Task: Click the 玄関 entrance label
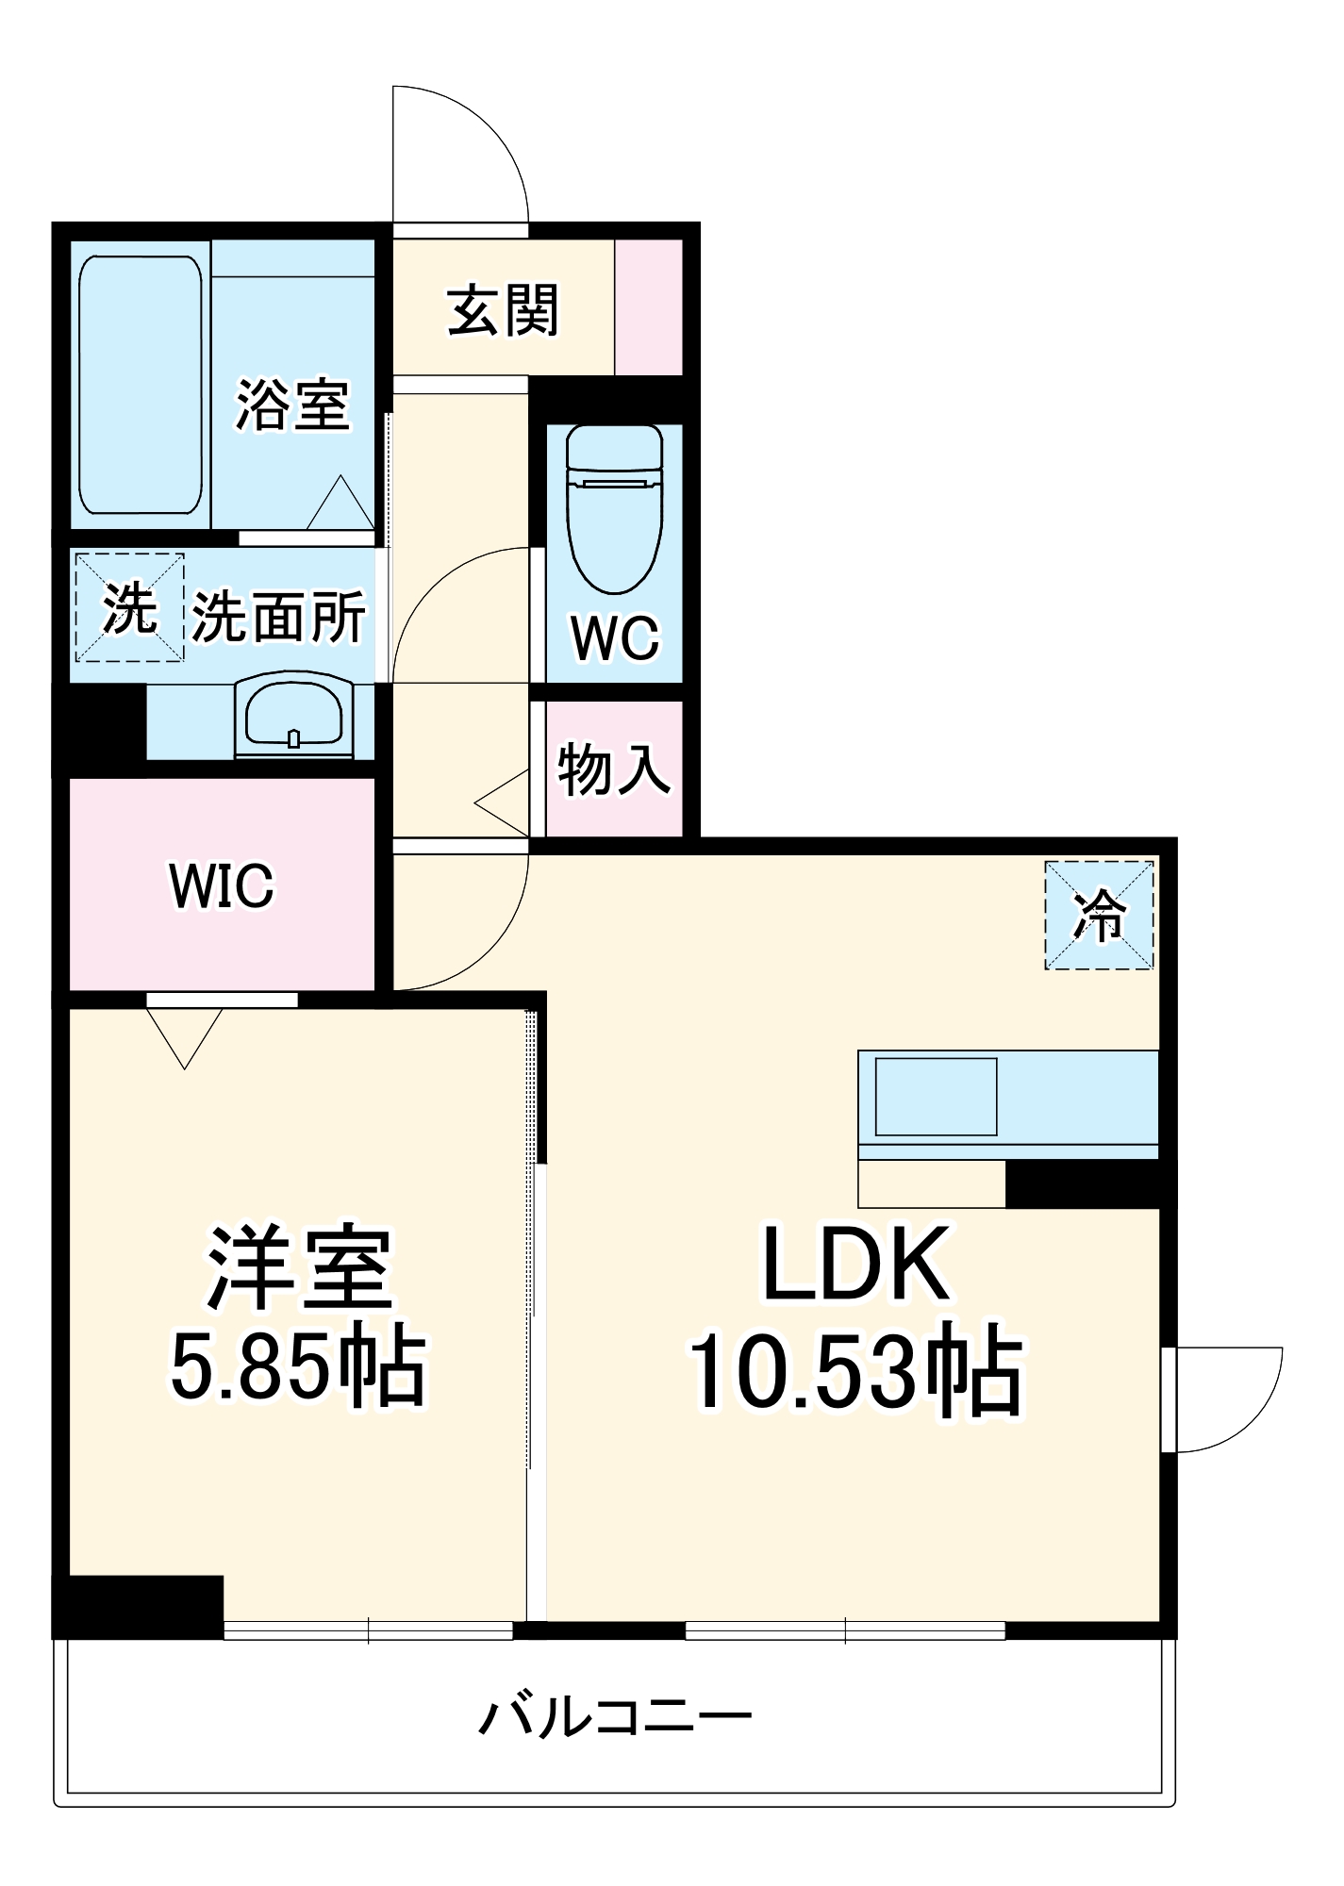pos(503,310)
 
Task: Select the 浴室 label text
pos(292,405)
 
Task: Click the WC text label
pos(615,638)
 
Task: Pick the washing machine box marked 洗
pos(129,608)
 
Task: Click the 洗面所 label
pos(278,618)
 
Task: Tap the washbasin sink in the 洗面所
pos(293,715)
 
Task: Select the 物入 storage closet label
pos(614,769)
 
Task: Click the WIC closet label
pos(222,885)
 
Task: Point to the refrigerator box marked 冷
pos(1100,915)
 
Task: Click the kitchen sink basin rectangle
pos(936,1097)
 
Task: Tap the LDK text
pos(855,1264)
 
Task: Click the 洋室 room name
pos(299,1268)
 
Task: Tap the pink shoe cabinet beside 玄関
pos(649,307)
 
